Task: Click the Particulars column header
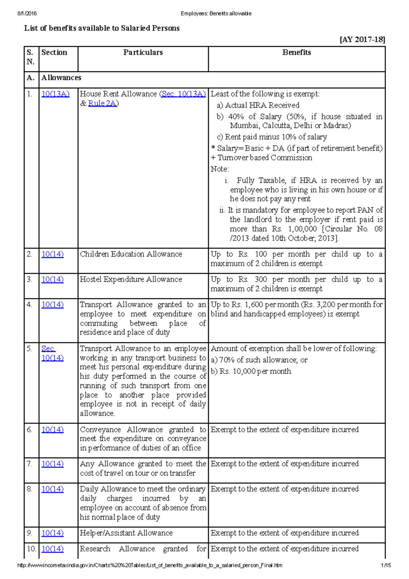coord(143,53)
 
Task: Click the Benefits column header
coord(297,53)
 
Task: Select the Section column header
coord(54,53)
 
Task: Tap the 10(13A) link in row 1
coord(55,94)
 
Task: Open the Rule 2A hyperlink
coord(102,103)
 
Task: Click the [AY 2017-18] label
coord(362,40)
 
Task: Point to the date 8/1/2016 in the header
coord(27,14)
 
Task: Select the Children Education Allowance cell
coord(131,254)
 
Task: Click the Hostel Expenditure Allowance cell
coord(131,279)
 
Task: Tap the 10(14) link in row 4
coord(52,305)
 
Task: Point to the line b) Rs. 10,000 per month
coord(252,371)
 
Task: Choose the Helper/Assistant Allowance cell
coord(126,533)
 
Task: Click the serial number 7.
coord(29,464)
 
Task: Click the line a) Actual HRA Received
coord(258,105)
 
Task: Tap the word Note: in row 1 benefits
coord(220,169)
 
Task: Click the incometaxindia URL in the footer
coord(150,565)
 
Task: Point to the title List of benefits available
coord(102,28)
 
